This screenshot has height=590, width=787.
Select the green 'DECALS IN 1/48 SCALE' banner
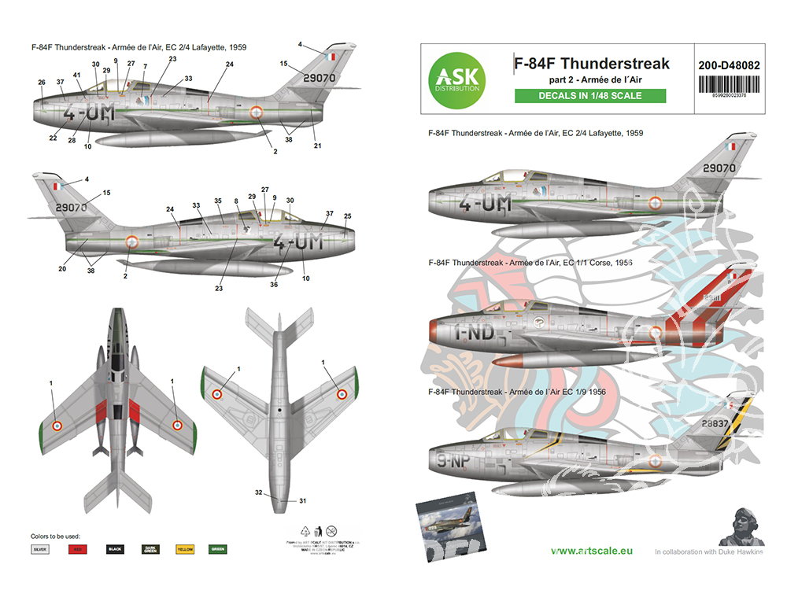click(589, 96)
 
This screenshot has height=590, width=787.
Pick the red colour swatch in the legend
click(78, 548)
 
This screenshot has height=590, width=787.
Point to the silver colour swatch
click(42, 548)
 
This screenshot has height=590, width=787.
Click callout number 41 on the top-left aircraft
click(76, 75)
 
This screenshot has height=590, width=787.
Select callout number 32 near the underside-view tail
click(258, 492)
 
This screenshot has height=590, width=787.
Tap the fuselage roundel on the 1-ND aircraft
click(655, 333)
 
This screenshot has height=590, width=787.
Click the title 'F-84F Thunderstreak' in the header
click(591, 64)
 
